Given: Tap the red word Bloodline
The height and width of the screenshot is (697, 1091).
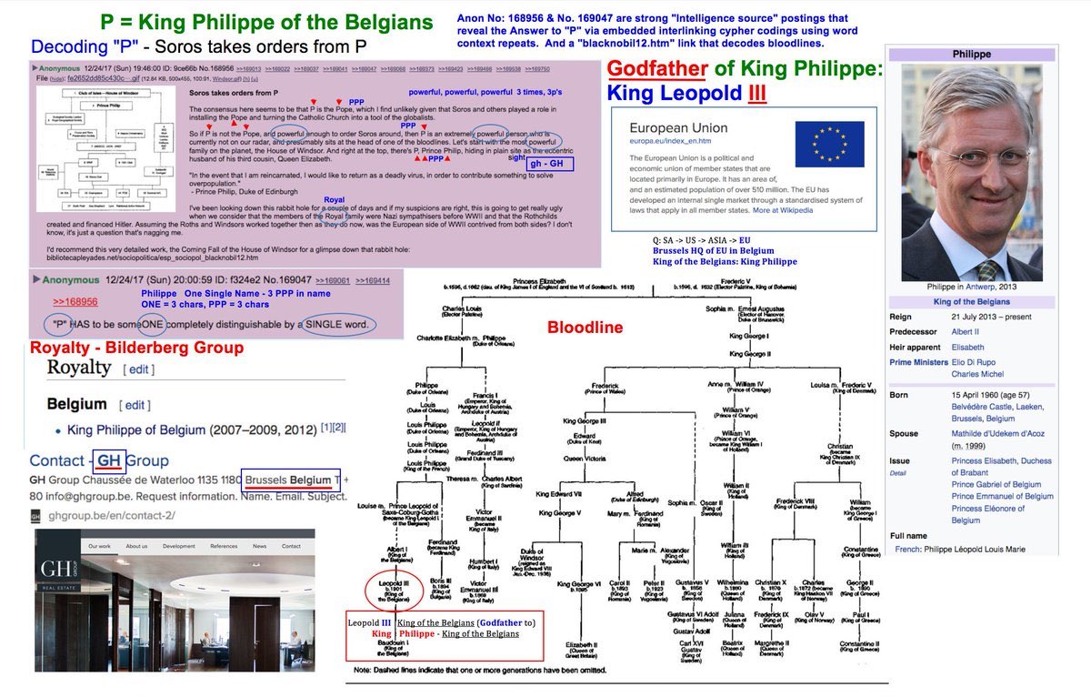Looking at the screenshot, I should tap(585, 326).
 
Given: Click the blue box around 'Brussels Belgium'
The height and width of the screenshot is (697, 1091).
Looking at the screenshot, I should tap(292, 480).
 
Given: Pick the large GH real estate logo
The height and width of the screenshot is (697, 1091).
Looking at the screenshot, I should tap(57, 574).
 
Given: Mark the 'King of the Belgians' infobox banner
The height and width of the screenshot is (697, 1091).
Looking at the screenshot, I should tap(972, 301).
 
